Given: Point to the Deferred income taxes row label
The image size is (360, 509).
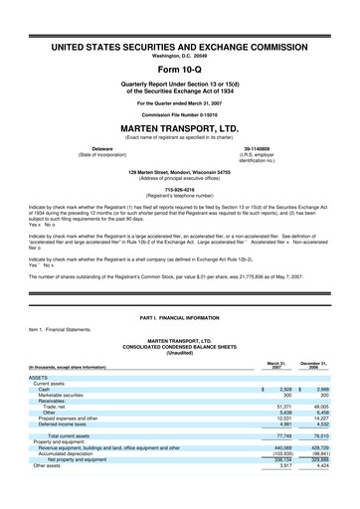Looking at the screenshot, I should (x=67, y=425).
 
